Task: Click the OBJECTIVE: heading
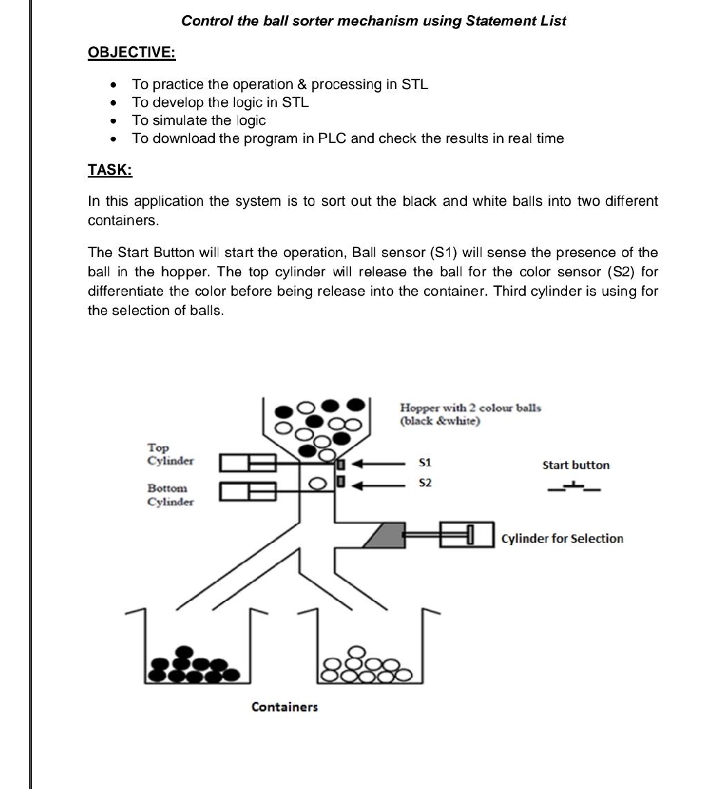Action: pyautogui.click(x=132, y=53)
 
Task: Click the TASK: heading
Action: pyautogui.click(x=110, y=169)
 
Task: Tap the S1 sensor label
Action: pyautogui.click(x=425, y=462)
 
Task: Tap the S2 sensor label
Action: pyautogui.click(x=425, y=482)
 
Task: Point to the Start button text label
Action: pyautogui.click(x=576, y=465)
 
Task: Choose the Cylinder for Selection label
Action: pyautogui.click(x=562, y=539)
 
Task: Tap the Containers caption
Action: pyautogui.click(x=285, y=707)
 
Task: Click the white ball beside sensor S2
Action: pyautogui.click(x=318, y=483)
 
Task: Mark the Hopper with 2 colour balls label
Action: pyautogui.click(x=470, y=414)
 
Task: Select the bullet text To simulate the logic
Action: pyautogui.click(x=199, y=120)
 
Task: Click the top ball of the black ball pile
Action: pyautogui.click(x=184, y=652)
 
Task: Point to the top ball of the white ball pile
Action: pyautogui.click(x=356, y=652)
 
